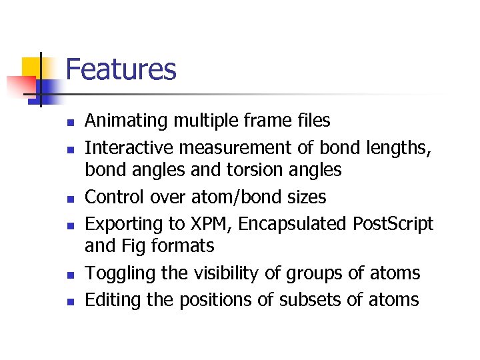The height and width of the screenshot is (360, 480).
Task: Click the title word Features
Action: point(121,69)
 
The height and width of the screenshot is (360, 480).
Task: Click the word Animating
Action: point(127,121)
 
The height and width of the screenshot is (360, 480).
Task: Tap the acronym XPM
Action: point(209,224)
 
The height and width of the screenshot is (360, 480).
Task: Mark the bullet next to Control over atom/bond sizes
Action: point(69,199)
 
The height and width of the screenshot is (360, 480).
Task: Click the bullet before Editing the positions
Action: point(69,301)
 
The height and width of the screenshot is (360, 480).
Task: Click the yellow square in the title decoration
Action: point(32,67)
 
